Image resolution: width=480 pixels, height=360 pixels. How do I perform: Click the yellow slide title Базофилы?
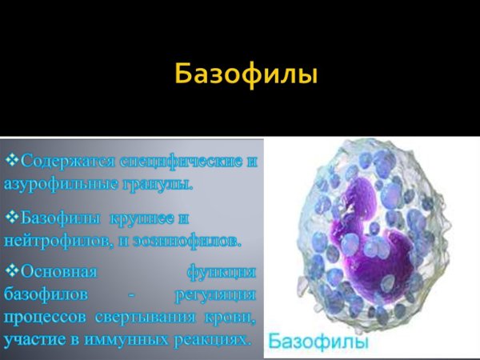coord(246,76)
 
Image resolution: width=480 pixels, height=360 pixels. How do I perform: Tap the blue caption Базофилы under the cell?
coord(318,342)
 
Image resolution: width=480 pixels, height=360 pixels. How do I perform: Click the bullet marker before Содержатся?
coord(12,160)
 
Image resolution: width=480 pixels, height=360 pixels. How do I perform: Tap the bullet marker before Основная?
coord(12,271)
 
